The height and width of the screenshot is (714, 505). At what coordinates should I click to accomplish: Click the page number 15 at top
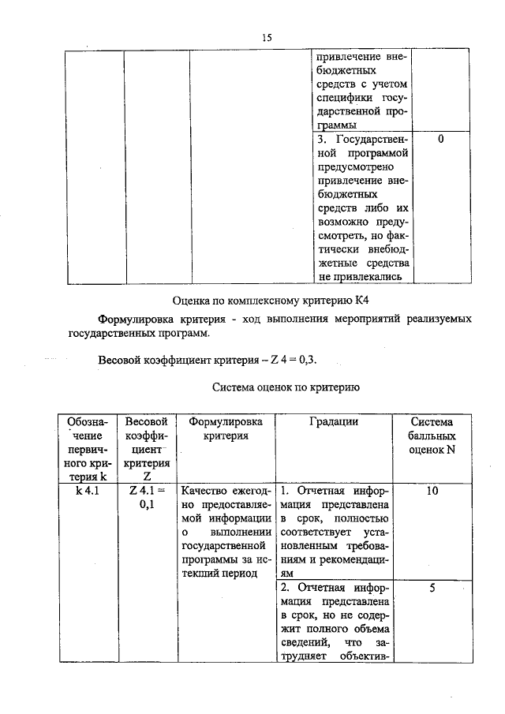pos(267,37)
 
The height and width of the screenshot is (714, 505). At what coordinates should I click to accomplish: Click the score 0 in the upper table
pos(440,140)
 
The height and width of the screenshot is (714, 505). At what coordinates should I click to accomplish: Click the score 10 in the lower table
pos(432,490)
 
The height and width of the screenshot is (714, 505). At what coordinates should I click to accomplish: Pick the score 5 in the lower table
pos(432,589)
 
